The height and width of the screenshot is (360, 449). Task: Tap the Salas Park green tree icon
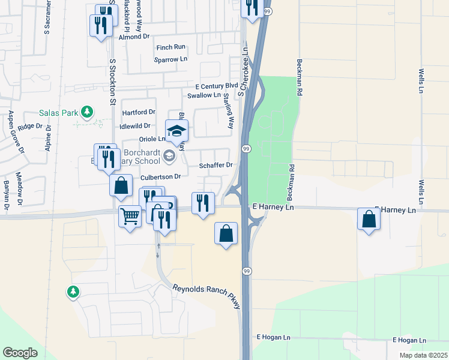click(87, 112)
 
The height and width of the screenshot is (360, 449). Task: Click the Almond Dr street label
click(134, 37)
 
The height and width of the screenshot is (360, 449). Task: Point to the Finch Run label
click(171, 47)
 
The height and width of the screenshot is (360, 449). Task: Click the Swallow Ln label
click(203, 95)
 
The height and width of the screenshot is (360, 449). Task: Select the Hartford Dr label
click(139, 112)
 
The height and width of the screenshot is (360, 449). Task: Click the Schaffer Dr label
click(215, 165)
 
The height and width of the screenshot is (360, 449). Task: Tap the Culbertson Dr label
click(160, 177)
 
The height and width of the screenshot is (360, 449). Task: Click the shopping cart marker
click(130, 215)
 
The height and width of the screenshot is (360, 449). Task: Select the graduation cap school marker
click(176, 131)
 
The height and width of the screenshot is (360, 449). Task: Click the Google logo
click(20, 353)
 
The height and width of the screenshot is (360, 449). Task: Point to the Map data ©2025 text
click(423, 355)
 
